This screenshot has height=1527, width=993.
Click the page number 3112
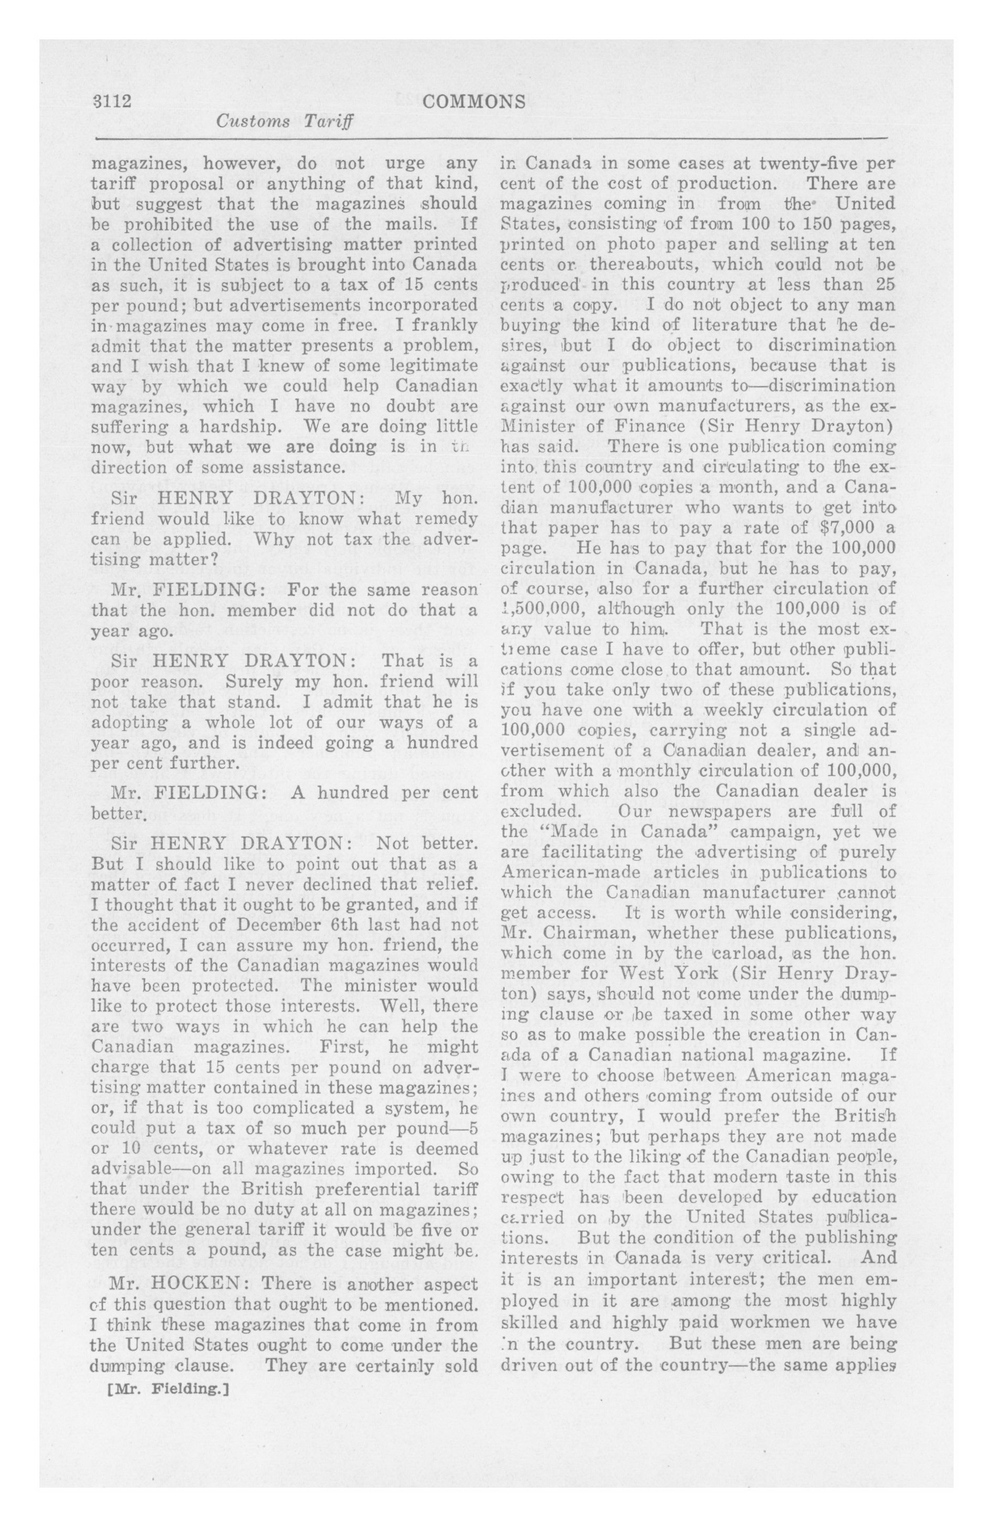(x=112, y=102)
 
